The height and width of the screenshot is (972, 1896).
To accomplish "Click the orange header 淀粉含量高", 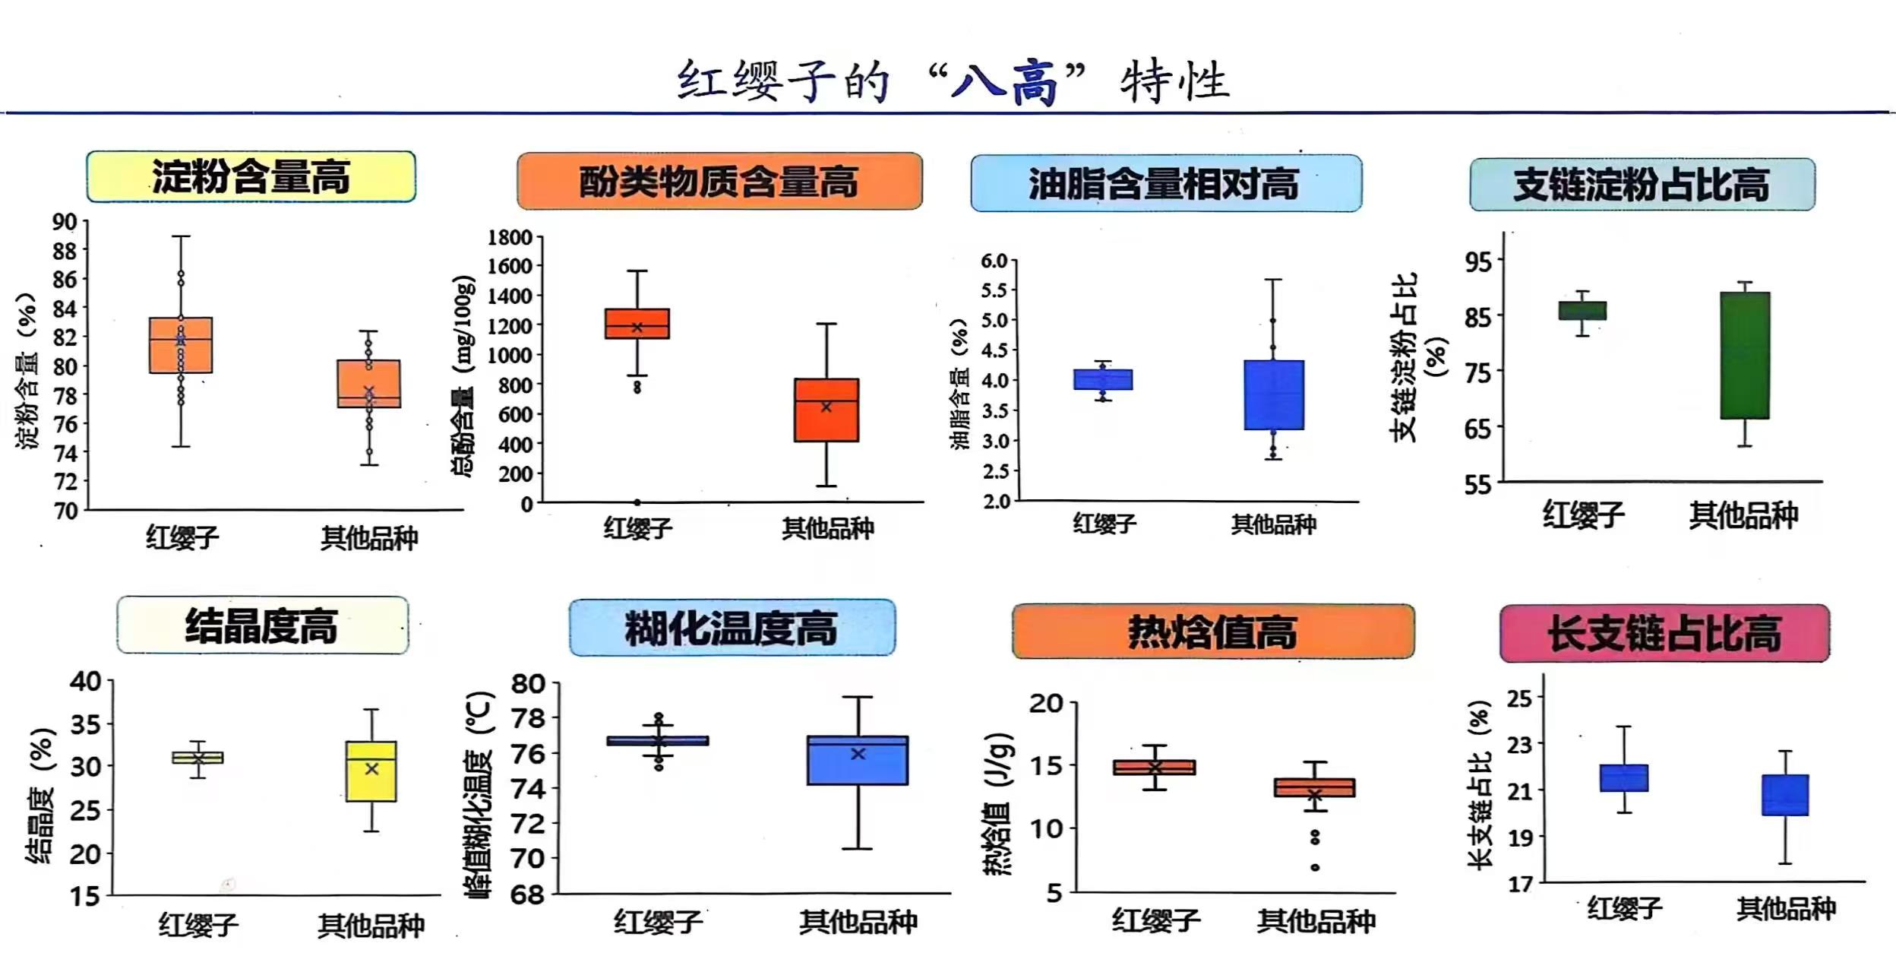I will [251, 177].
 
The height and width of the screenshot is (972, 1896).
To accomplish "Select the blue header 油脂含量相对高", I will [1165, 184].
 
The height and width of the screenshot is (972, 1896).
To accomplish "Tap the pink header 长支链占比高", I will [1664, 633].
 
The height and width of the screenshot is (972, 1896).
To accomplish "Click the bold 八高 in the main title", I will [1005, 82].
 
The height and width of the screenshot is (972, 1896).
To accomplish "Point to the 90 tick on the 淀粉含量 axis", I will [65, 222].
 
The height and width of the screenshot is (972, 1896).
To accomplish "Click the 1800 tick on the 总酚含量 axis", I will [510, 238].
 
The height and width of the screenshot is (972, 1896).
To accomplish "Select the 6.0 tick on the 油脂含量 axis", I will [994, 261].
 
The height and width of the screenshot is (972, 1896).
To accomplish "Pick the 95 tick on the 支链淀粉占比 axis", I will [1478, 262].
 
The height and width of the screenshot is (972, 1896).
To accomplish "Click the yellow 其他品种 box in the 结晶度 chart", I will [371, 771].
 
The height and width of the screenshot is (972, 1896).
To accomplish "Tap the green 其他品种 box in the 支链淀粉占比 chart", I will [1745, 355].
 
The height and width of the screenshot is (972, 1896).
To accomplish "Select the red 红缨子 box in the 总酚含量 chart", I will [637, 324].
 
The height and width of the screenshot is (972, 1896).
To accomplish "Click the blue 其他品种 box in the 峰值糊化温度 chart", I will [857, 760].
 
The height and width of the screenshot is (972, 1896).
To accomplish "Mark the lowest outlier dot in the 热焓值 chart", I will [1315, 867].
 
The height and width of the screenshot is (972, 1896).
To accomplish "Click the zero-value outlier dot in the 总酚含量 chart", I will [637, 502].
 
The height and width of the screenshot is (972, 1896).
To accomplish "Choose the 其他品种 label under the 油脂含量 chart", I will [1273, 524].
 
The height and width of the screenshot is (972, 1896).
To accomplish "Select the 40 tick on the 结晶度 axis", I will [85, 681].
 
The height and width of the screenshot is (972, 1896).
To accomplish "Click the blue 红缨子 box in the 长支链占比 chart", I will [1623, 778].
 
